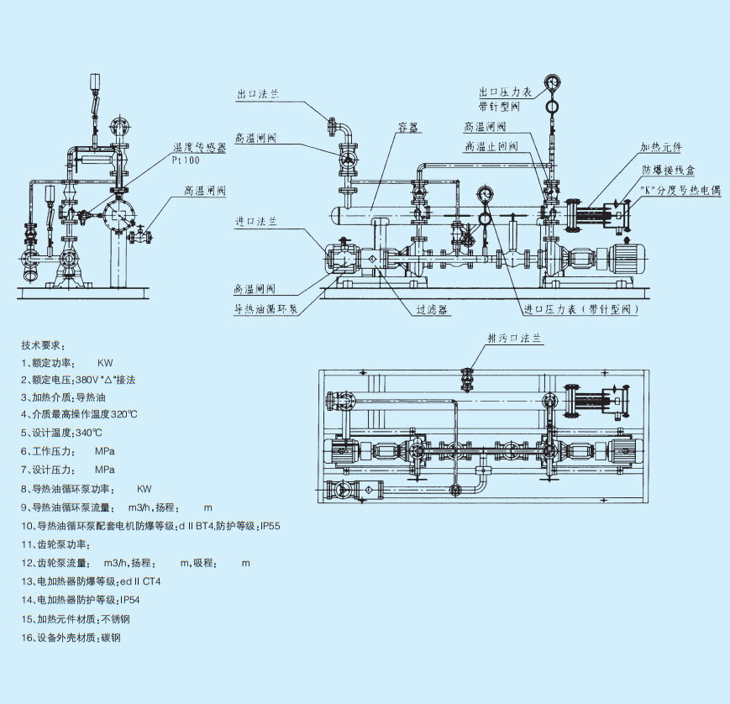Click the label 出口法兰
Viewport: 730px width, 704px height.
[x=255, y=96]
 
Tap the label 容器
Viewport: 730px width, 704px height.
[x=409, y=128]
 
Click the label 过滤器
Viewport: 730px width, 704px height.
[x=432, y=309]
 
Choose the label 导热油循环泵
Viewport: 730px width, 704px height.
[x=266, y=308]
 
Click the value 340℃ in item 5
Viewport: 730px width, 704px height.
[x=88, y=433]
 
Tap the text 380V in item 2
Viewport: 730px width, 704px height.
[x=87, y=380]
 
